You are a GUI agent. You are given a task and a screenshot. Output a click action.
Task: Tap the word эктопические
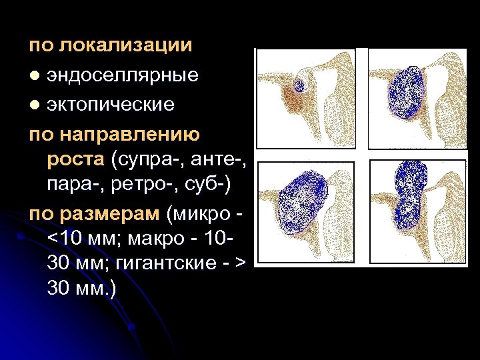tap(111, 104)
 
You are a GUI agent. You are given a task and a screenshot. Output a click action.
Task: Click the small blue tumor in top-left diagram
tap(299, 85)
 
